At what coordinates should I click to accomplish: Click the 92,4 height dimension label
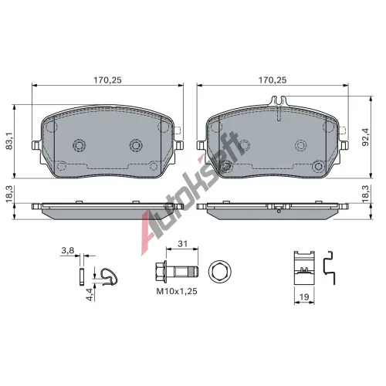point(365,137)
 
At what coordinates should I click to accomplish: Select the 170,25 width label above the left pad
point(107,80)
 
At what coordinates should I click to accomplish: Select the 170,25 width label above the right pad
point(273,80)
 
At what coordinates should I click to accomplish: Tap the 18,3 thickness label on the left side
point(9,194)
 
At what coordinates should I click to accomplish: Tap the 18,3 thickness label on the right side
point(365,194)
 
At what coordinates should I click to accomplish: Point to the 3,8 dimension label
point(67,250)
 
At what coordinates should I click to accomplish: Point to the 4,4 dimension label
point(90,294)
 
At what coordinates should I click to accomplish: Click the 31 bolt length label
point(182,244)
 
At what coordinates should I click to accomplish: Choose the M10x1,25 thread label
point(177,291)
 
